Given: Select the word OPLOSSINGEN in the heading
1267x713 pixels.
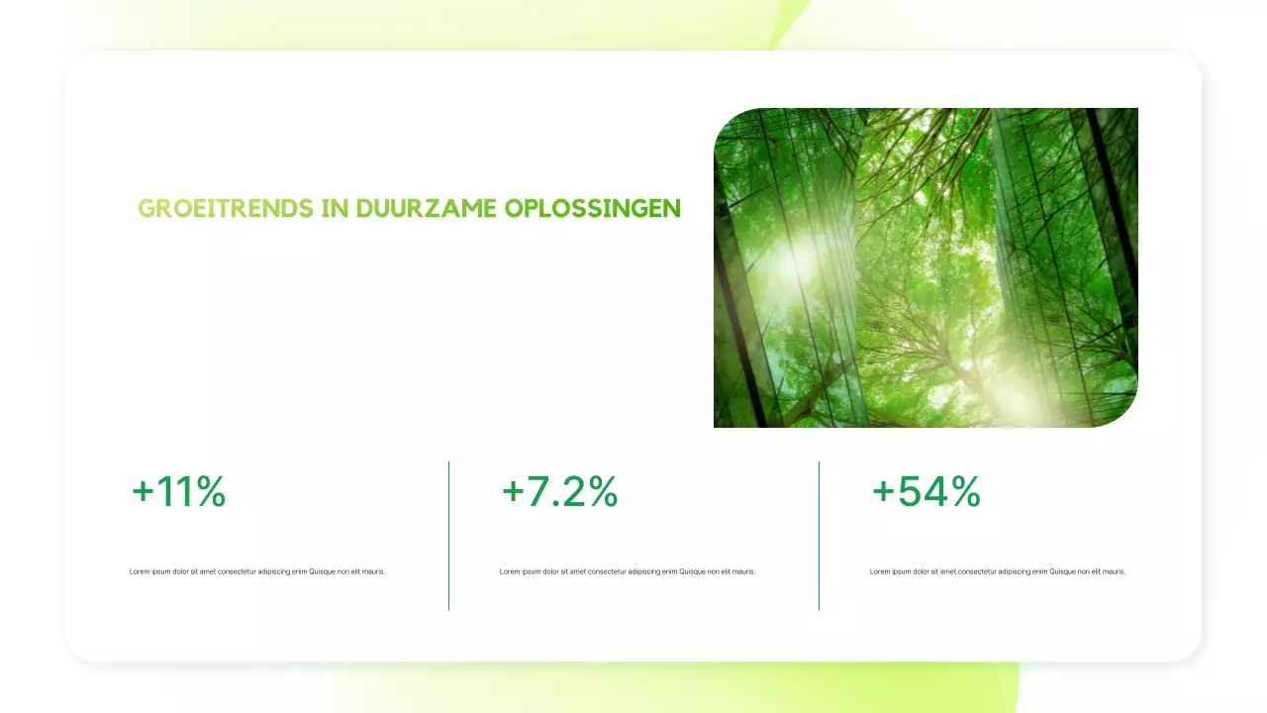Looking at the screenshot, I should click(x=592, y=209).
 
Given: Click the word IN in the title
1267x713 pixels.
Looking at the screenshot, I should click(x=335, y=209).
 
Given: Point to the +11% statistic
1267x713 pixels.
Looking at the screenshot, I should click(x=179, y=492).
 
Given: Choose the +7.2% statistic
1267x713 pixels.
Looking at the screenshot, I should click(x=559, y=492).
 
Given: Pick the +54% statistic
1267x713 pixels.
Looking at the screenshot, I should click(x=926, y=492).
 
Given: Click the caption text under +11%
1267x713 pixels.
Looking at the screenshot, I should click(x=257, y=571).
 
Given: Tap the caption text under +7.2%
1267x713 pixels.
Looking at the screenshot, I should click(x=628, y=571).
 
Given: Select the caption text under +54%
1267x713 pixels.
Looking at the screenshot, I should click(x=998, y=571).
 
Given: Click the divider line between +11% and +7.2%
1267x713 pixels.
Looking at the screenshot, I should click(x=448, y=536).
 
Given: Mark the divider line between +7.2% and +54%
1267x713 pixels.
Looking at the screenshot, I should click(x=819, y=536).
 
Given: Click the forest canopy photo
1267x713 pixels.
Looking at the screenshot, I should click(x=926, y=267).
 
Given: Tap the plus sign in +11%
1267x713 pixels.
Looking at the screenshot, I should click(x=143, y=492).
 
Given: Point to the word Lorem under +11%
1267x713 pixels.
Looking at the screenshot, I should click(x=139, y=571).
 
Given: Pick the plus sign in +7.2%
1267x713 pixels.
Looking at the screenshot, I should click(x=513, y=492).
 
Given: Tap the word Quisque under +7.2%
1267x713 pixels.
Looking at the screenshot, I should click(x=693, y=571).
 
